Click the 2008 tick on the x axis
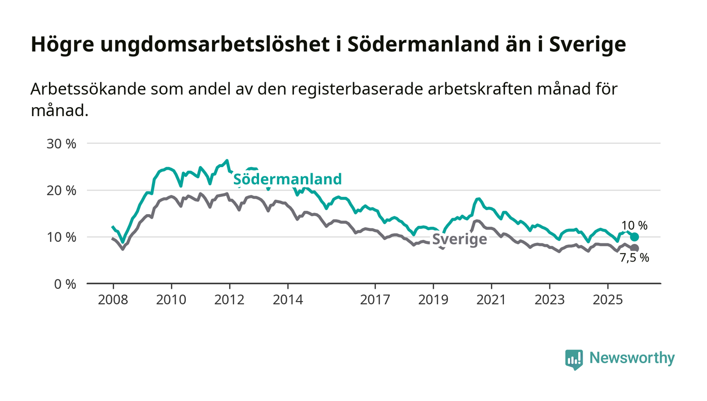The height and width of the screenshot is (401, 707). [113, 300]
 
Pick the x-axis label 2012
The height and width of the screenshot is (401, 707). [230, 300]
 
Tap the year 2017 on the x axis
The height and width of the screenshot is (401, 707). [375, 300]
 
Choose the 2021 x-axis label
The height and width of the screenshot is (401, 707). [491, 300]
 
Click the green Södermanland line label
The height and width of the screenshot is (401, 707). [287, 179]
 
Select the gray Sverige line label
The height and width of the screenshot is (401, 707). [460, 239]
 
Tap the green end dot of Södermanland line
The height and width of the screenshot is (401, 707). [635, 237]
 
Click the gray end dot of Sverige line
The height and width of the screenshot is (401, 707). [635, 248]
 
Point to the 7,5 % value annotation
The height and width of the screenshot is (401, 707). [634, 258]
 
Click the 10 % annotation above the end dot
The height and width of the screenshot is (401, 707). [635, 226]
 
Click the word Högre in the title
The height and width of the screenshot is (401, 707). [62, 44]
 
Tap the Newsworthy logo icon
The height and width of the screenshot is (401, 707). [574, 359]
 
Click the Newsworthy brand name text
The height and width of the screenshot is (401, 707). [632, 359]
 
